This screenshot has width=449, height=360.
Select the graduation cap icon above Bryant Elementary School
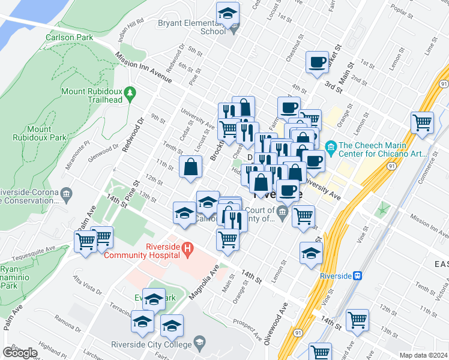point(228,13)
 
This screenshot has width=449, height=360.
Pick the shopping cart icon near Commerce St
point(423,123)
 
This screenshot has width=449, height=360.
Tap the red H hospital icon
point(187,247)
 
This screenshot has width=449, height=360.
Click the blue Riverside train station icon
point(358,275)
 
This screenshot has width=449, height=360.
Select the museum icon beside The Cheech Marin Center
point(330,146)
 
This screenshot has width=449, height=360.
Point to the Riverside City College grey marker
point(199,344)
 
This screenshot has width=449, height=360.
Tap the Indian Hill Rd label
point(133,27)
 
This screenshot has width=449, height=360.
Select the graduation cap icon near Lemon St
point(311,254)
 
